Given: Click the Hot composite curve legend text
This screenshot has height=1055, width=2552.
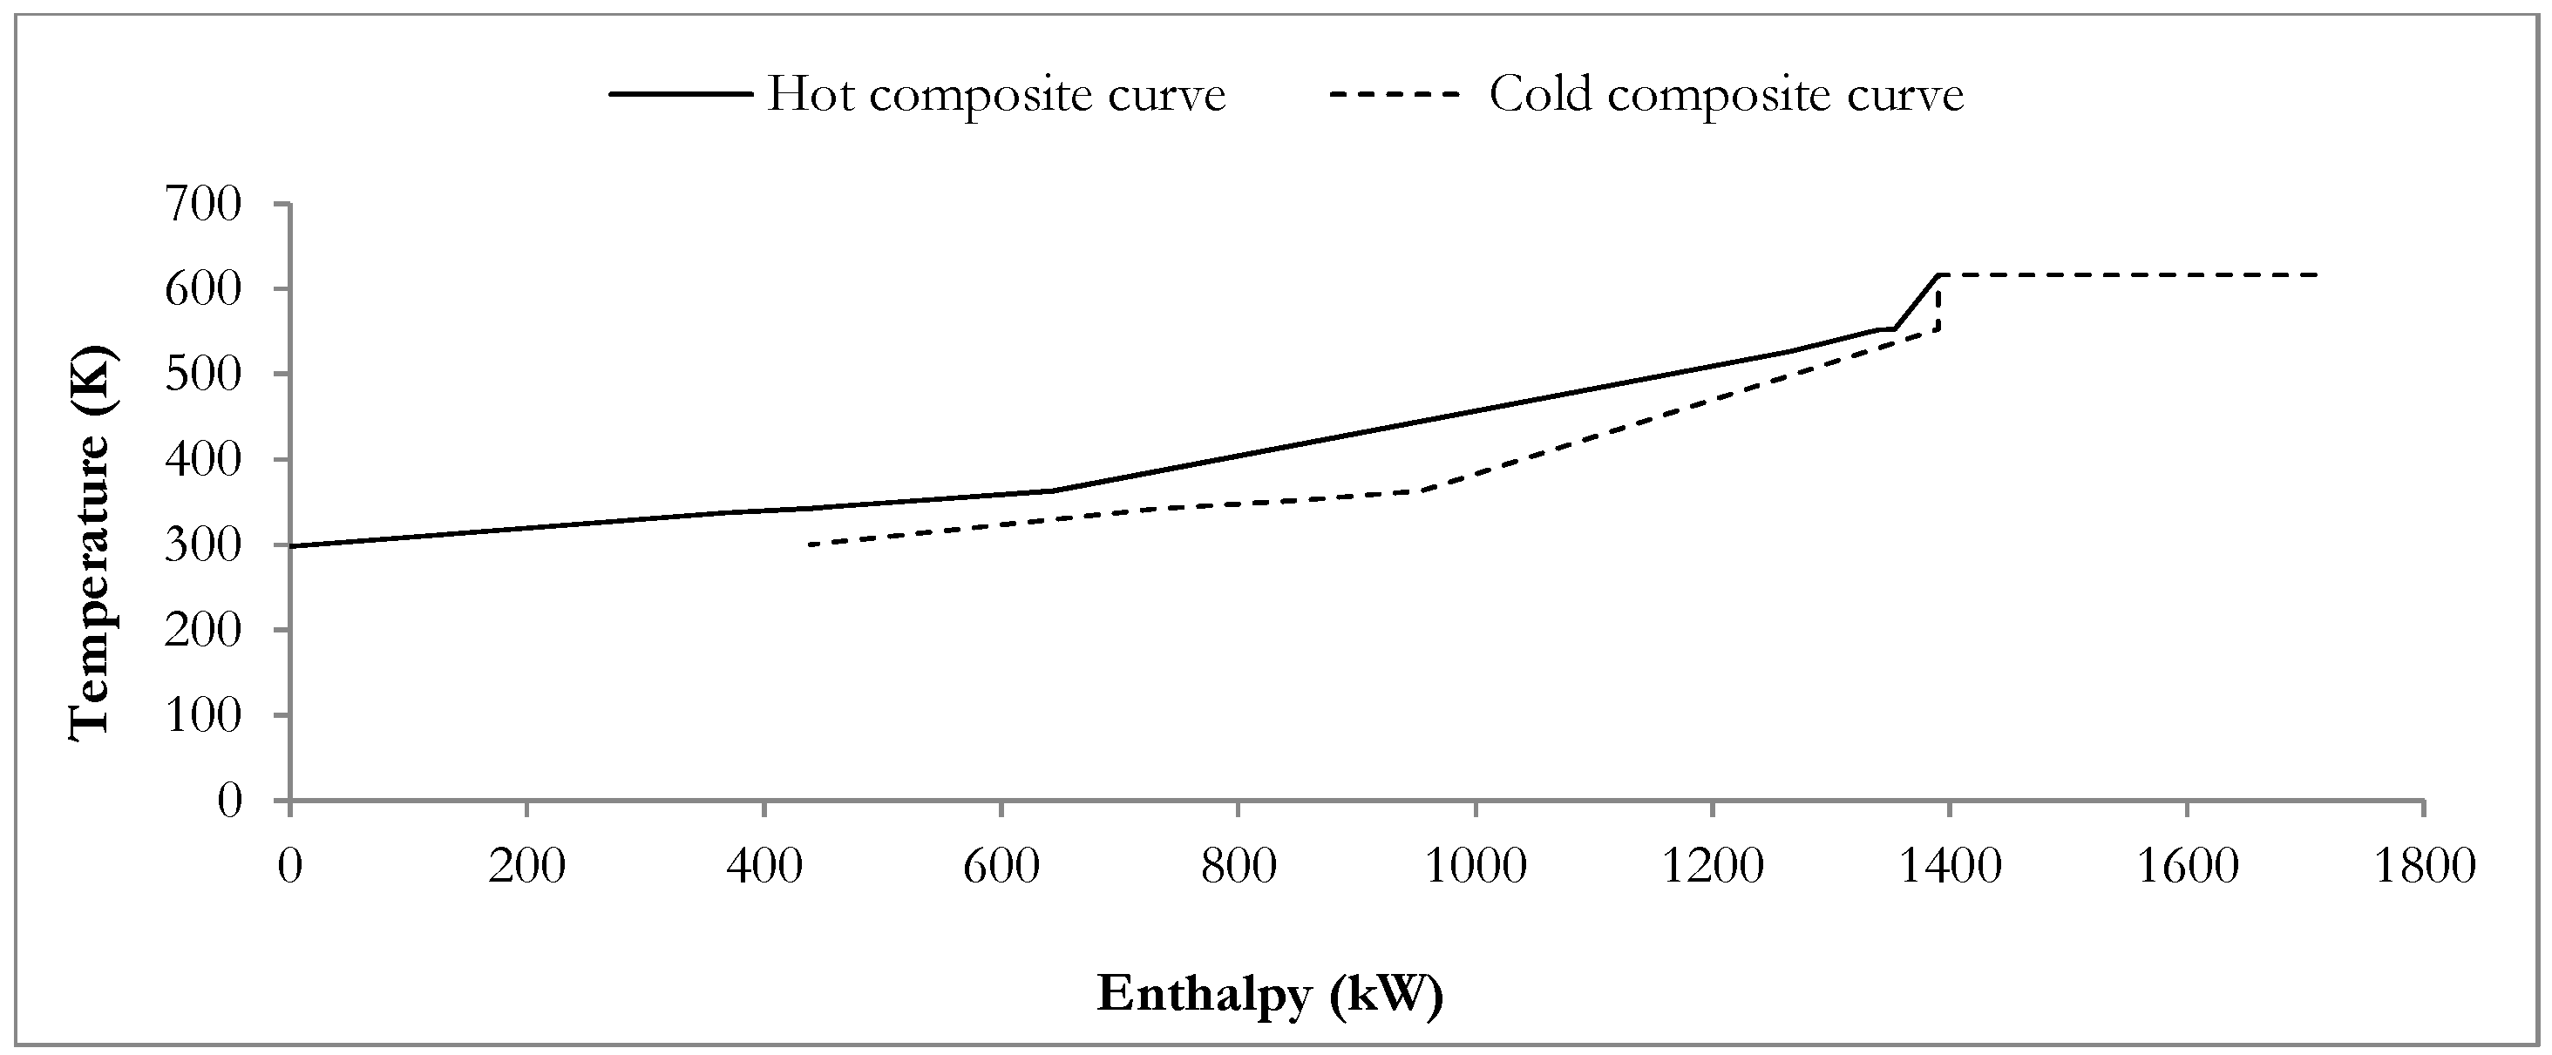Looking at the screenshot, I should (995, 95).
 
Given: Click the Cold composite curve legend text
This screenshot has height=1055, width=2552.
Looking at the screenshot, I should (1726, 95).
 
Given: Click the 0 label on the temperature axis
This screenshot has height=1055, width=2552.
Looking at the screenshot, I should (229, 801).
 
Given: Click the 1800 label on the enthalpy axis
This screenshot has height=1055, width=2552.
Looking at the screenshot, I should (2423, 867).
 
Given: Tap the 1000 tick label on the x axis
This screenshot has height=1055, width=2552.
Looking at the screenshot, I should (1475, 867).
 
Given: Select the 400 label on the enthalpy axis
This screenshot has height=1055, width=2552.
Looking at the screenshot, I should (764, 867).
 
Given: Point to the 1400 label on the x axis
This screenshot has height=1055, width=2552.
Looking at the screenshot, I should (1949, 867).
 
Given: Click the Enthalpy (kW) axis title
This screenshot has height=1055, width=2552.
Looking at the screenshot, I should (1269, 994).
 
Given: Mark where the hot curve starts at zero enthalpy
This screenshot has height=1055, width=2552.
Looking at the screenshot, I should (290, 546).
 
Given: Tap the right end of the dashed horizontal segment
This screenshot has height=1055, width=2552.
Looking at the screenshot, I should (2318, 274).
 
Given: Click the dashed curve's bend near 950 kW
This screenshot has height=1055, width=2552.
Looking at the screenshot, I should (1420, 491).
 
